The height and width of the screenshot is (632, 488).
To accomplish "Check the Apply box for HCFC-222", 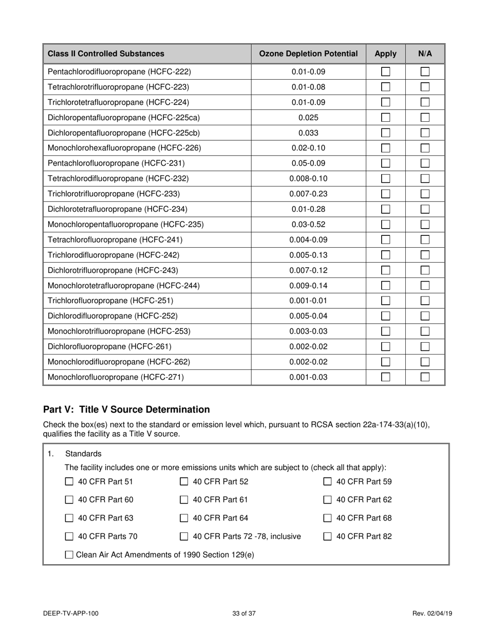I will (386, 72).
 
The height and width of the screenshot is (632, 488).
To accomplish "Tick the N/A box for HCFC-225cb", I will (425, 133).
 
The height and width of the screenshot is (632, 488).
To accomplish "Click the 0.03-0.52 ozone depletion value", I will (308, 225).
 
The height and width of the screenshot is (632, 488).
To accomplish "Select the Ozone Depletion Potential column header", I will (308, 53).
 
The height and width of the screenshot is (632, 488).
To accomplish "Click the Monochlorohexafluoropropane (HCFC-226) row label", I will (124, 148).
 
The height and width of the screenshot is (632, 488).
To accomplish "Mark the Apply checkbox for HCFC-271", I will (386, 377).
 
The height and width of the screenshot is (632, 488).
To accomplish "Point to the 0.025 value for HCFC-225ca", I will (308, 118).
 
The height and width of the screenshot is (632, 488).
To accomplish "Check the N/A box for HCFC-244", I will (425, 286).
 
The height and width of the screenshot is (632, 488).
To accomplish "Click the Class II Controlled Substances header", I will (106, 53).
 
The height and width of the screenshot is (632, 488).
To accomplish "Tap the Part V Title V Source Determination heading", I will (126, 410).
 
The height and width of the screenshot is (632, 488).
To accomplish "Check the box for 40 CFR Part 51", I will (69, 482).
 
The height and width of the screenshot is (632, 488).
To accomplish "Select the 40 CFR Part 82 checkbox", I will (327, 537).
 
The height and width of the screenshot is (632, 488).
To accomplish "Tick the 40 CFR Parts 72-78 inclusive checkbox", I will (184, 537).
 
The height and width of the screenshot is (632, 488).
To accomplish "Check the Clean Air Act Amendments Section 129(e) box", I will (69, 555).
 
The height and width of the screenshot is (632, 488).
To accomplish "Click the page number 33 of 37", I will (243, 613).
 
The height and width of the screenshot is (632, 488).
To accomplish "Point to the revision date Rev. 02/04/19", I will (432, 613).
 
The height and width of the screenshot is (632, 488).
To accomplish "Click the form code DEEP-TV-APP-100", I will (71, 613).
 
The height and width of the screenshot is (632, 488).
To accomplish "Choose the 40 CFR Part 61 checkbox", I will (184, 500).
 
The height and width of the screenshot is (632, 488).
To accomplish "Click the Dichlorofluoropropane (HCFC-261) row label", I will (109, 347).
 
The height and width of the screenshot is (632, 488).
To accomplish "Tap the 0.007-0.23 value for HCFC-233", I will (308, 194).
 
